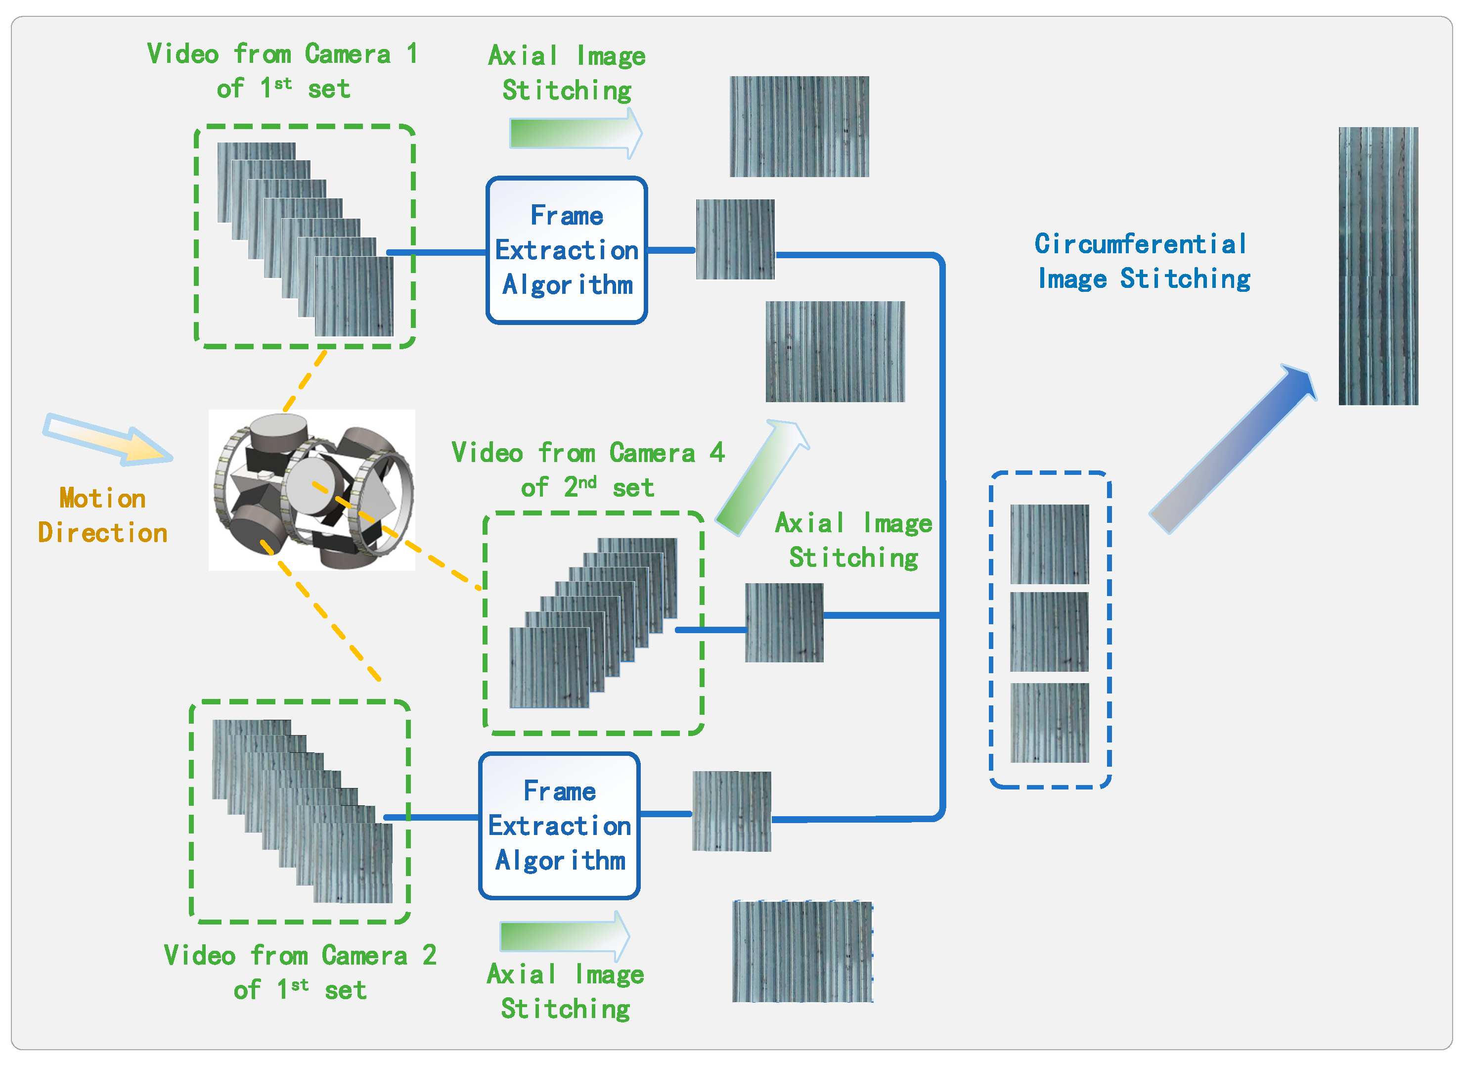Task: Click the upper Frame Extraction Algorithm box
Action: click(566, 250)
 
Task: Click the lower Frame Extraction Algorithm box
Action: click(559, 825)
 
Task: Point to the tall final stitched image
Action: click(1377, 266)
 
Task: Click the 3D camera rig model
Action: click(312, 489)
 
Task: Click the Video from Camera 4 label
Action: click(587, 469)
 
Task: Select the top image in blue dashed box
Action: click(1049, 544)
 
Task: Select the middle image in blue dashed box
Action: click(1049, 632)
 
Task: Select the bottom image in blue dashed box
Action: click(1049, 723)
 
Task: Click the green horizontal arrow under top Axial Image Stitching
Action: click(575, 133)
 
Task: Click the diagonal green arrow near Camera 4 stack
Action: click(762, 478)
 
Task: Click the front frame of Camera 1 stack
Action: click(354, 296)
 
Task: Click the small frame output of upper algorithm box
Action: click(735, 239)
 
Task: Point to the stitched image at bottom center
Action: click(802, 951)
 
